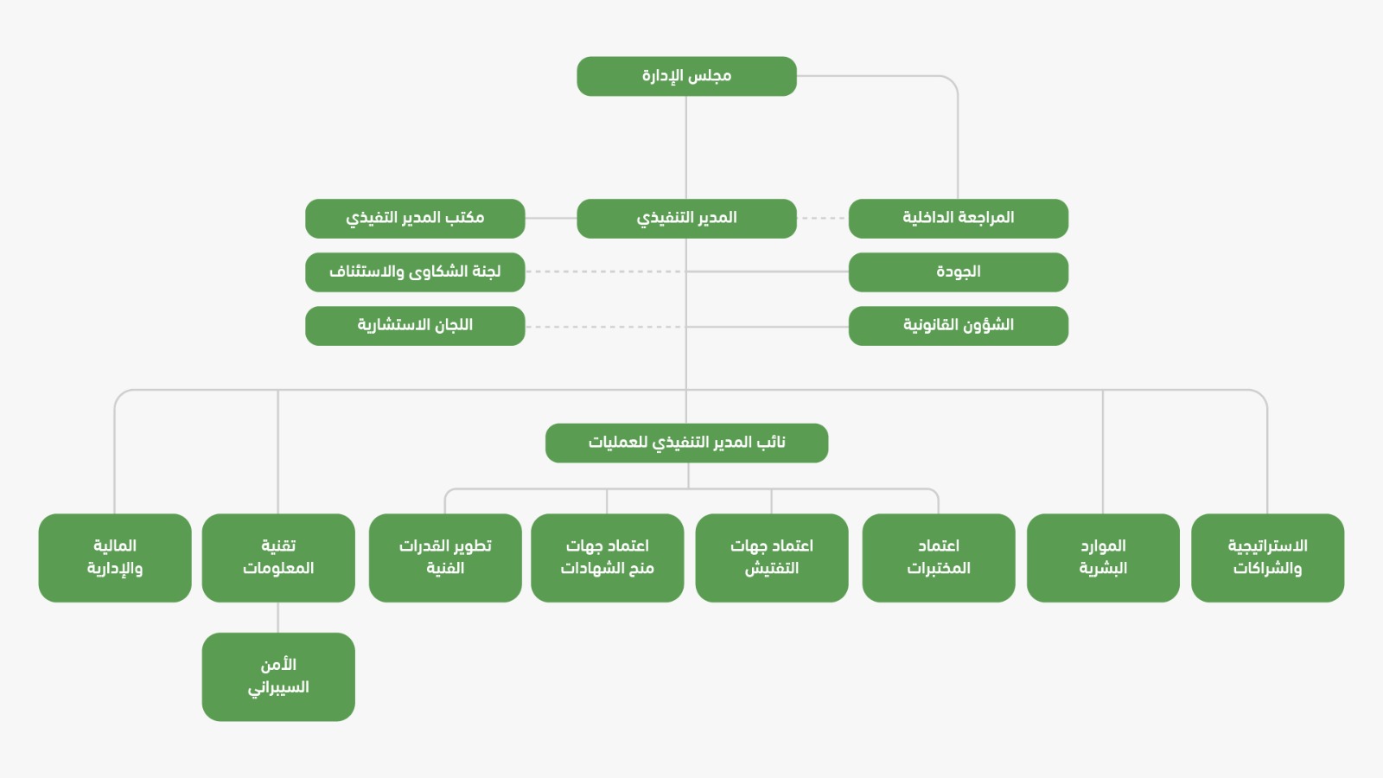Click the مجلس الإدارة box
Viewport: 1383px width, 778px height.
pos(686,76)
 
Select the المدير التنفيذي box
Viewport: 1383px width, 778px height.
pos(686,218)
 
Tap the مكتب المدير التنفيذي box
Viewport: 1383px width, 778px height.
pos(415,218)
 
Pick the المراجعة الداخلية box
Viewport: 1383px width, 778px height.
pos(959,218)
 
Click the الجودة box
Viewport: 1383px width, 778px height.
pos(959,271)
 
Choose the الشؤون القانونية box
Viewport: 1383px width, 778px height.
pos(959,325)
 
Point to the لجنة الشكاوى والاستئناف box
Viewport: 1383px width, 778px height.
pos(415,271)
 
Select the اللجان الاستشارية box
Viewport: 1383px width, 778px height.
pos(415,325)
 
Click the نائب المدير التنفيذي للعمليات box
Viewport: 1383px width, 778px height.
pos(686,443)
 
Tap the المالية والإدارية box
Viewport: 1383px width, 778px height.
pos(115,558)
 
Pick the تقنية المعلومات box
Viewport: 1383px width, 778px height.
pos(278,558)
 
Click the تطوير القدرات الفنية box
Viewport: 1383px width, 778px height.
pos(445,558)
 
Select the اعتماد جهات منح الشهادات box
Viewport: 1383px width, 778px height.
pos(608,558)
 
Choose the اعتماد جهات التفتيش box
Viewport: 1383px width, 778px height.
pos(772,558)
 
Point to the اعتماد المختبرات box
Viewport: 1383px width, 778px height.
pos(939,558)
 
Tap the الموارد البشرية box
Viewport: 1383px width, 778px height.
pos(1103,558)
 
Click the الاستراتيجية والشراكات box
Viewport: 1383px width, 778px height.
pos(1267,558)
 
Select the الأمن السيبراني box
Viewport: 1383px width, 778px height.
pos(278,677)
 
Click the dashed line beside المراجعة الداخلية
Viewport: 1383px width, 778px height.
pos(823,218)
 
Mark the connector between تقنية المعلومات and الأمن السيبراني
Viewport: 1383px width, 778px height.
pos(277,617)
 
